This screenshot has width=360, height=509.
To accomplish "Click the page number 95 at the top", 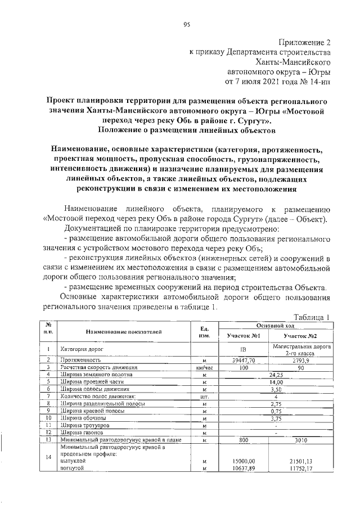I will point(186,24).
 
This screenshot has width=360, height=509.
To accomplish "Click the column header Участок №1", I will point(242,335).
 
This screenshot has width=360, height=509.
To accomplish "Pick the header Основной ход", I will point(275,326).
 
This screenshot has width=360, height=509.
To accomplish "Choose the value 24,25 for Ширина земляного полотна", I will point(276,374).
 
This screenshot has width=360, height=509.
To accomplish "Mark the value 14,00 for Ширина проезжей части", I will point(276,381).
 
